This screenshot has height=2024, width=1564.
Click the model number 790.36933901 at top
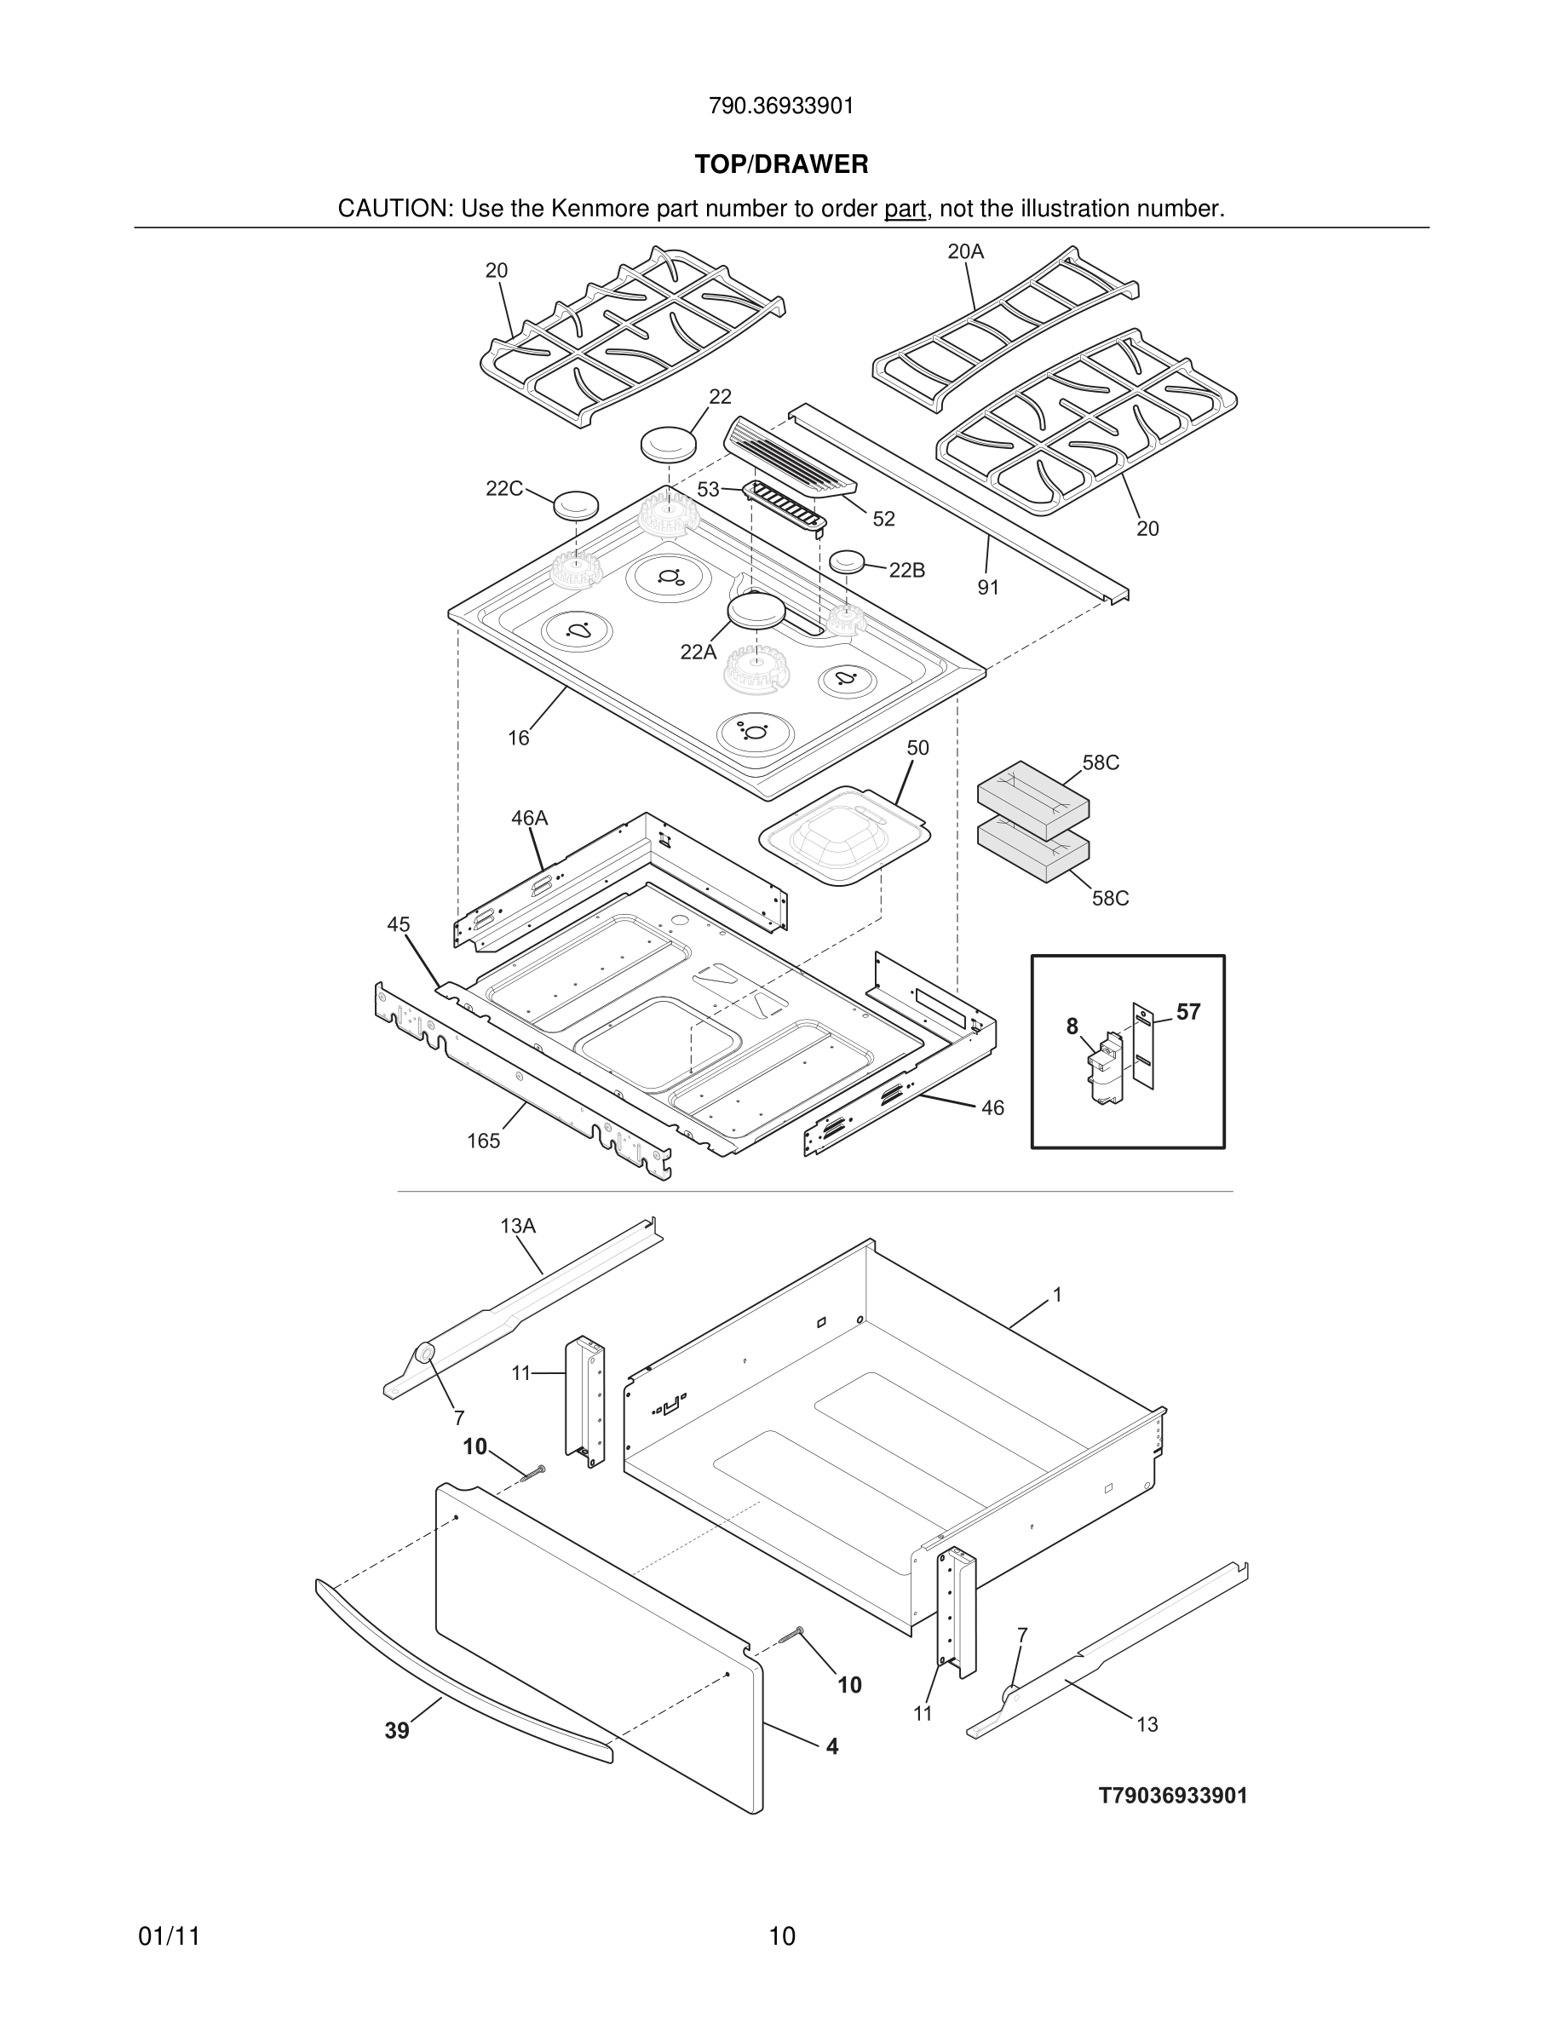click(x=781, y=106)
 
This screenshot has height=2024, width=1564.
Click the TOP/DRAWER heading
click(x=781, y=165)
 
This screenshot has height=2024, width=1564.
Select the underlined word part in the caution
click(x=905, y=210)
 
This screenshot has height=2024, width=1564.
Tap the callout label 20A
click(x=965, y=251)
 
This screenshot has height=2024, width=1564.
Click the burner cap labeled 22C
click(x=575, y=506)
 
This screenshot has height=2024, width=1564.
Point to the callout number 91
click(x=989, y=588)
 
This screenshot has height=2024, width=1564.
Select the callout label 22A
click(x=698, y=653)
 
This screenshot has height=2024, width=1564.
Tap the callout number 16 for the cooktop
click(x=518, y=738)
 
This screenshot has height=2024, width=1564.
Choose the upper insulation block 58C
click(x=1033, y=793)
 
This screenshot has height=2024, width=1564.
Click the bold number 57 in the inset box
click(x=1187, y=1013)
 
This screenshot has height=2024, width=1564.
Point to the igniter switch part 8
click(x=1108, y=1072)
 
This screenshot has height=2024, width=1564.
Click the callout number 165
click(x=483, y=1141)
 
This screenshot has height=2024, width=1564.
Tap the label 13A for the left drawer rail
click(x=518, y=1226)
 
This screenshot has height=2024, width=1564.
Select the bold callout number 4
click(x=832, y=1747)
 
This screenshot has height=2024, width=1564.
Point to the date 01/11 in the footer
click(x=169, y=1936)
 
